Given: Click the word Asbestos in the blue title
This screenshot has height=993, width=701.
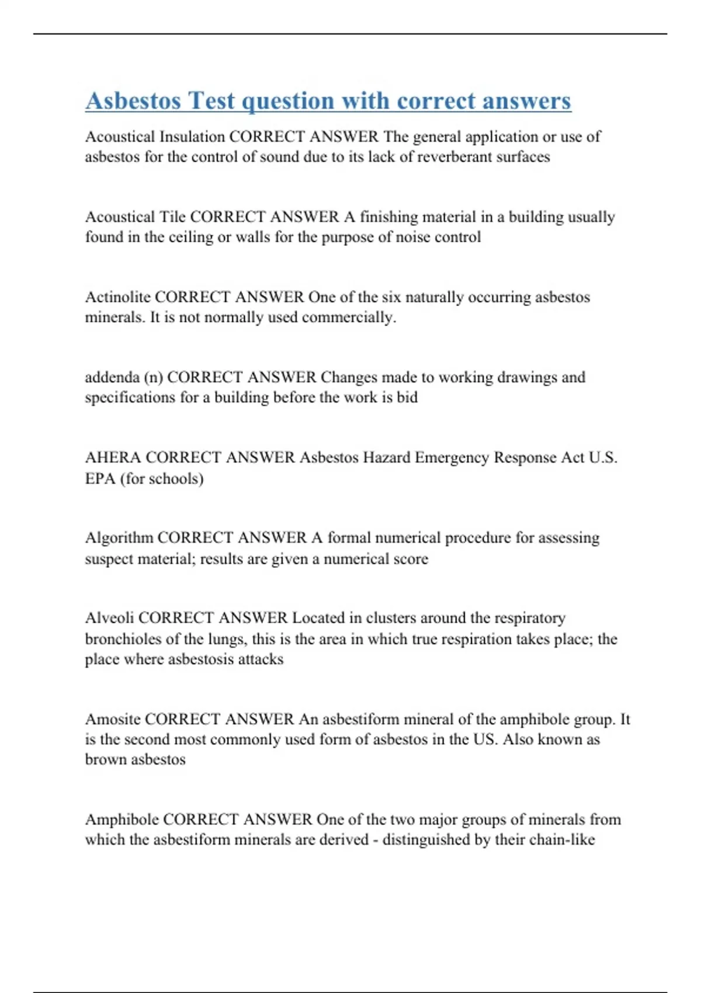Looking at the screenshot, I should click(x=133, y=100).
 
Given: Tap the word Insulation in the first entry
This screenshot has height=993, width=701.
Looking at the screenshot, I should click(x=192, y=137).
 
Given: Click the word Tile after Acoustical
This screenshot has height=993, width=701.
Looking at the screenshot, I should click(x=172, y=217).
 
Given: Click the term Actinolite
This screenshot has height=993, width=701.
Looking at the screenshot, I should click(x=117, y=297).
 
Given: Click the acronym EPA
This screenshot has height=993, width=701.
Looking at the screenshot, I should click(x=100, y=479).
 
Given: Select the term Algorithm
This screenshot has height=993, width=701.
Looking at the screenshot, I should click(x=119, y=537).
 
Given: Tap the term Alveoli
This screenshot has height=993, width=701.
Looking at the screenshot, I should click(x=109, y=618).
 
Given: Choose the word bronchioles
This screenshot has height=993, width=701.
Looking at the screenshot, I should click(x=123, y=639).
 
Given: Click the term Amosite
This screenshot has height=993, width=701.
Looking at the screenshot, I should click(x=112, y=719).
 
